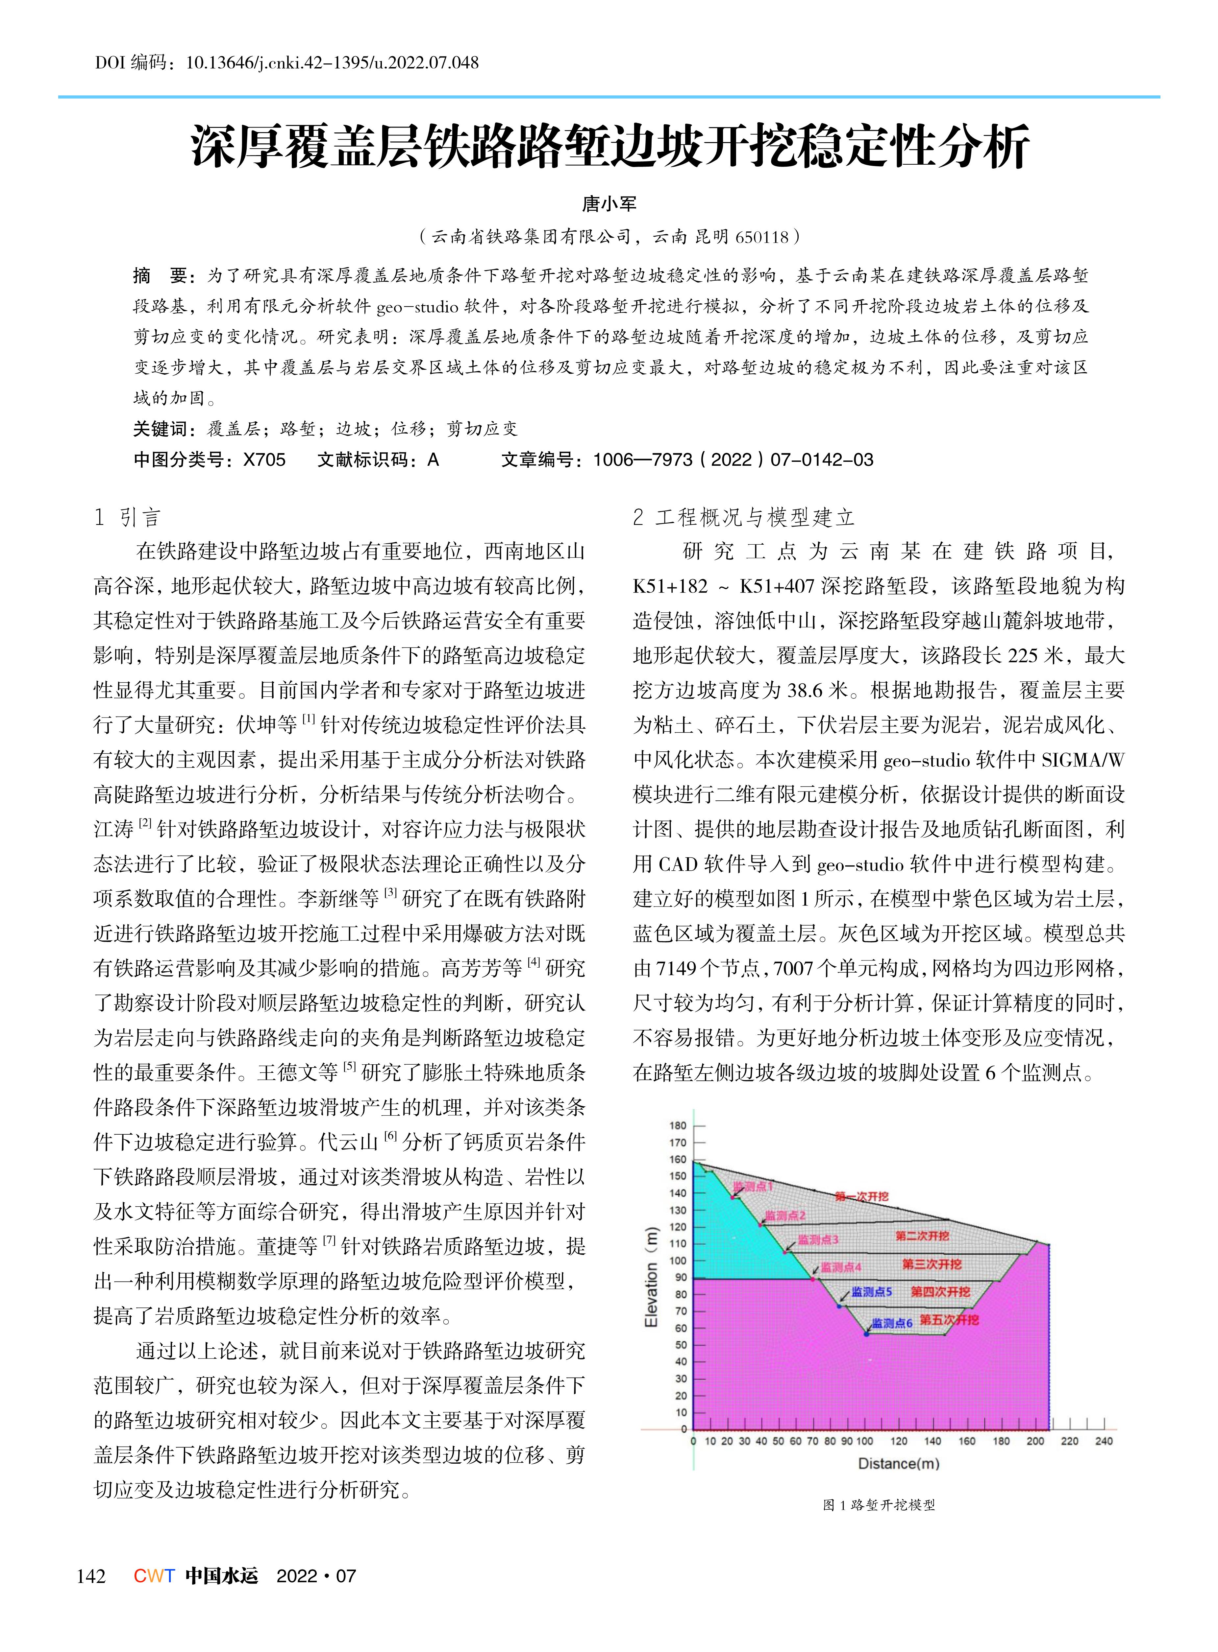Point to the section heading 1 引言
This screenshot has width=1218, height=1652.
tap(128, 517)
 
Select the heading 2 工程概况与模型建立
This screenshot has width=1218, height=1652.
tap(743, 517)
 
